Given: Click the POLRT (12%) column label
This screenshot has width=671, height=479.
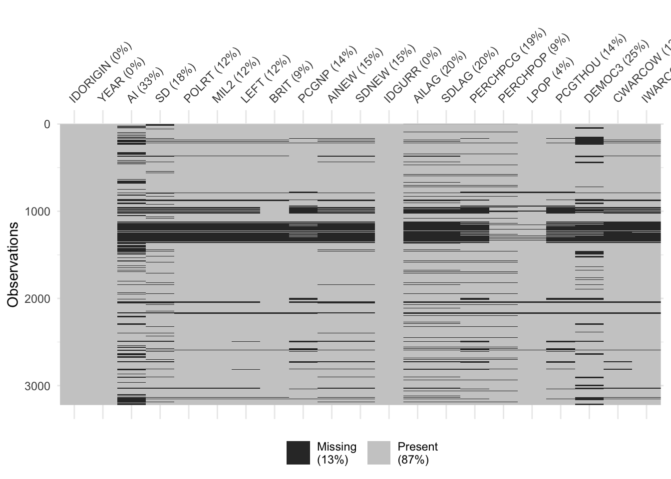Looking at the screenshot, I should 212,75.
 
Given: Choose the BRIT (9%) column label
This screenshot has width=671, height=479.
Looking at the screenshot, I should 291,82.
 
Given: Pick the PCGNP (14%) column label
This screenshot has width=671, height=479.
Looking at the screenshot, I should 328,75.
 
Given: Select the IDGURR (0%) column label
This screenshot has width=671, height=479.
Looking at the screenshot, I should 413,75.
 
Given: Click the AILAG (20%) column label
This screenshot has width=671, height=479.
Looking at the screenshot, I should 440,77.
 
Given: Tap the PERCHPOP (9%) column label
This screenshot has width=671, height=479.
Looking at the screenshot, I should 534,69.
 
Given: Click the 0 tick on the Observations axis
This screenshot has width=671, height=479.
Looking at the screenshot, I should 47,124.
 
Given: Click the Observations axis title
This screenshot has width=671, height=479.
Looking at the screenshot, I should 13,264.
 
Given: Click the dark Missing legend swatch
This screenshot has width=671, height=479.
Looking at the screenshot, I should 298,453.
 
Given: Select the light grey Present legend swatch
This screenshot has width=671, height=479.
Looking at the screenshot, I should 379,453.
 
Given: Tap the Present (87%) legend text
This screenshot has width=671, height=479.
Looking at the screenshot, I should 418,453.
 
